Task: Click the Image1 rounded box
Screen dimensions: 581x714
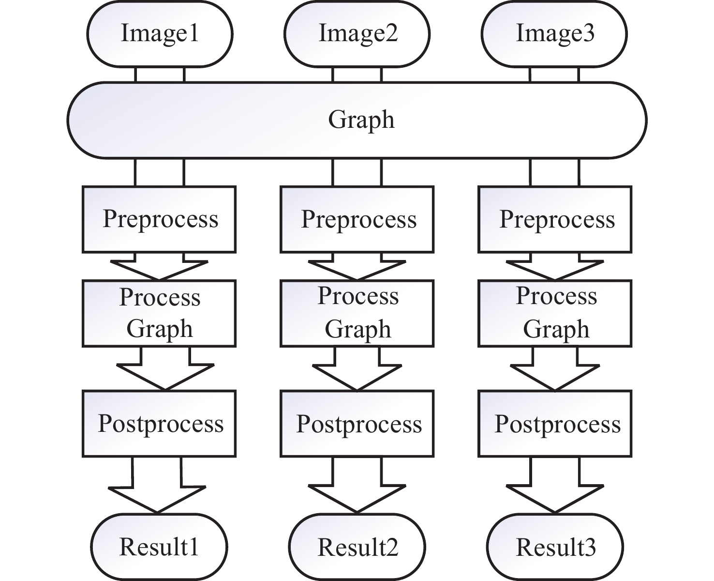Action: click(160, 34)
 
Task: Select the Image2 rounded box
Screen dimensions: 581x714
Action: click(357, 34)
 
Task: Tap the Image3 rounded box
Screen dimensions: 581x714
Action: click(554, 34)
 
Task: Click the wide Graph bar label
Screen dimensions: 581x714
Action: click(361, 120)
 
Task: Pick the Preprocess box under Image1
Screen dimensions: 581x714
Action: click(159, 219)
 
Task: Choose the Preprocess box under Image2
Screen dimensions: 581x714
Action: click(357, 219)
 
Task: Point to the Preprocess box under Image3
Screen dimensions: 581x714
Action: click(555, 219)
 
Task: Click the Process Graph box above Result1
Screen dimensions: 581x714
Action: click(159, 313)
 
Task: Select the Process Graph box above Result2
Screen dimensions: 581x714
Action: click(357, 313)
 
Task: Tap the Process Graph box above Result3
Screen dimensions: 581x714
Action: click(555, 313)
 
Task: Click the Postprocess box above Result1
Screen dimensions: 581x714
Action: click(159, 424)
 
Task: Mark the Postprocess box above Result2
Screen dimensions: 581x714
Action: click(357, 424)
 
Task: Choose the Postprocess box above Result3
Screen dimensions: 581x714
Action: click(555, 424)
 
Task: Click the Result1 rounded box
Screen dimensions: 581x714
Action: click(159, 547)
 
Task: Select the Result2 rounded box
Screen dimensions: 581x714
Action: click(357, 547)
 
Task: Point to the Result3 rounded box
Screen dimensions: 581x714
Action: click(555, 547)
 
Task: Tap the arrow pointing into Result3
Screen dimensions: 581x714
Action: click(555, 489)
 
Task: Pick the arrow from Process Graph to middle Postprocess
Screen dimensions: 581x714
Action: click(357, 370)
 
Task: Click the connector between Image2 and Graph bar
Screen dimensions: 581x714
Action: click(357, 75)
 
